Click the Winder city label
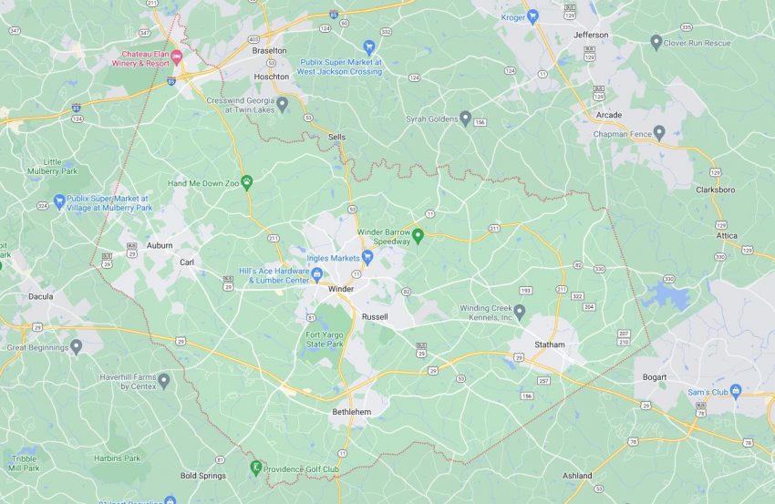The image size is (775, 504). coord(341,289)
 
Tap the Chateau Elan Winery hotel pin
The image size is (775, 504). coord(177,57)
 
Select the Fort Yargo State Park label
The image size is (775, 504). coord(325,339)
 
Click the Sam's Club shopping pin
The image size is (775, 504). coord(736,391)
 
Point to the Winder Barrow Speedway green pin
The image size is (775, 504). coord(418,236)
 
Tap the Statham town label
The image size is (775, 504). coord(550,345)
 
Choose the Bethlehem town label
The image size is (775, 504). coord(352,412)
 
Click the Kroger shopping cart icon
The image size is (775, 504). coord(533,17)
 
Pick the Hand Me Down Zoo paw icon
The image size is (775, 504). coord(246,182)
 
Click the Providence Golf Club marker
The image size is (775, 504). coord(256,468)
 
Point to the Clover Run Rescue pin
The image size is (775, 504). coord(656,42)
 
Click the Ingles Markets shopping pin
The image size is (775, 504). coord(367,258)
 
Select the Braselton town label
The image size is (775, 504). coord(269,51)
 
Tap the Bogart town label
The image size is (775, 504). coord(654,376)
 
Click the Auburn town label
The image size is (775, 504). coord(160,245)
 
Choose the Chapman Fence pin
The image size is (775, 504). coord(658,133)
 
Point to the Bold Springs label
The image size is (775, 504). coord(201,476)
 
